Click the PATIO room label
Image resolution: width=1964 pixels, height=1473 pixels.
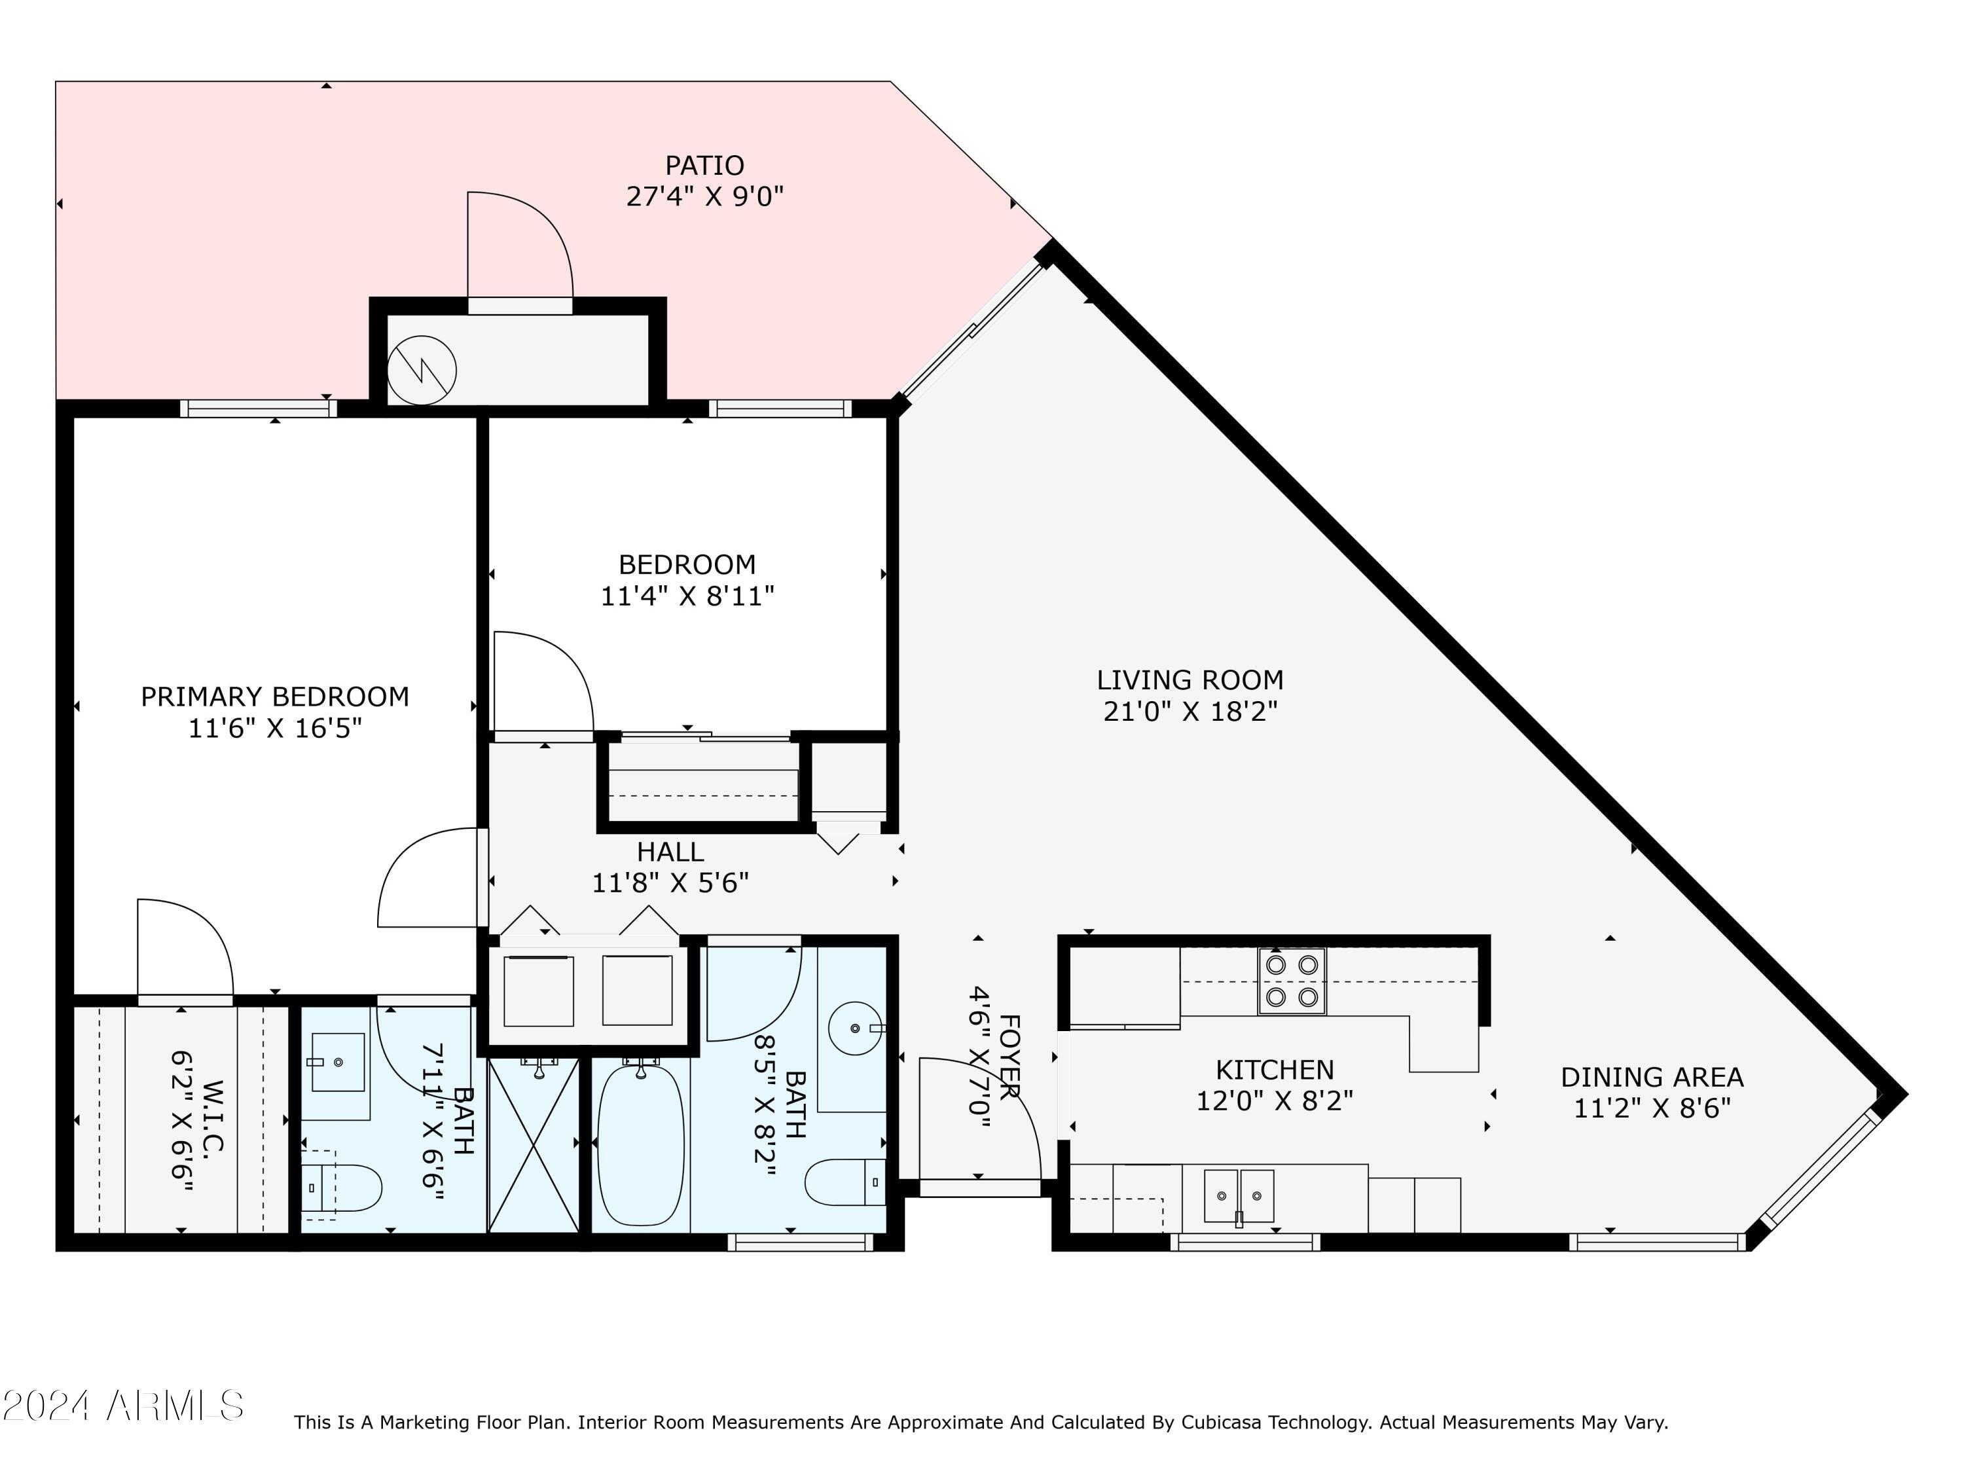(x=705, y=165)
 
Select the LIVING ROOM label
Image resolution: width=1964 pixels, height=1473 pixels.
(x=1190, y=680)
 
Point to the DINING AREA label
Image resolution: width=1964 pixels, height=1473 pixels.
(x=1652, y=1077)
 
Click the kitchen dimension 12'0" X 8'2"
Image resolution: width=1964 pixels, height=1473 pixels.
(x=1275, y=1101)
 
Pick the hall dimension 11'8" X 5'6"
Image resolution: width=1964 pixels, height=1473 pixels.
(x=670, y=882)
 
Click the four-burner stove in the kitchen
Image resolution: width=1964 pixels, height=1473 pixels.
(x=1292, y=981)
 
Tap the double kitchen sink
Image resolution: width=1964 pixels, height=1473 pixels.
(x=1239, y=1196)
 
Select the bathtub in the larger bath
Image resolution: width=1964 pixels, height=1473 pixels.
(x=641, y=1146)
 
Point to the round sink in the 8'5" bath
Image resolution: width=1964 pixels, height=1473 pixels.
(x=855, y=1028)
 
